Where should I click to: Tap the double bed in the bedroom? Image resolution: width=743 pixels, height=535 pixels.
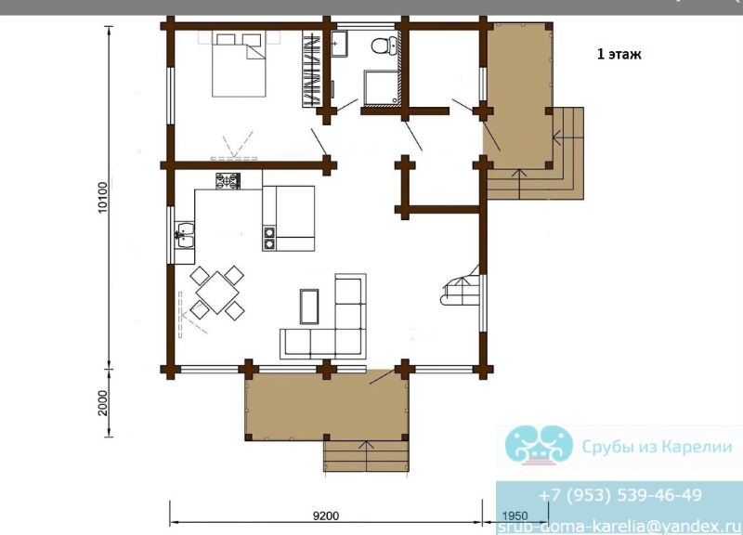239,64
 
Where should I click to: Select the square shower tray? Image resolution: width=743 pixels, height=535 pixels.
382,86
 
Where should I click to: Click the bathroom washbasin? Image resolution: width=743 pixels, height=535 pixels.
339,44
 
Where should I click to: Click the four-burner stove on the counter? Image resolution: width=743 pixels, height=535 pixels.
228,181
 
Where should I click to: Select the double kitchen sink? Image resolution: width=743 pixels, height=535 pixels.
184,235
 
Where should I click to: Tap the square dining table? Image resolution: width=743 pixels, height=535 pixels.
217,293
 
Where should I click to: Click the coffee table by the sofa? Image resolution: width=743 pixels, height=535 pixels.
309,307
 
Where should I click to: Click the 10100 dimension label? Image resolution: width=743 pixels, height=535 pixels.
103,198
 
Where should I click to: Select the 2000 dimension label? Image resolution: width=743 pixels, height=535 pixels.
103,403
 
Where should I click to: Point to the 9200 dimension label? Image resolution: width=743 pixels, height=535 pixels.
326,515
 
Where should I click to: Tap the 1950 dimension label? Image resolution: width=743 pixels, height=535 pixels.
515,515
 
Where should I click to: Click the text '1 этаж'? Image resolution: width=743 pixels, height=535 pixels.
619,54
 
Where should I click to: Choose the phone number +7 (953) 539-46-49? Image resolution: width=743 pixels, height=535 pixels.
619,495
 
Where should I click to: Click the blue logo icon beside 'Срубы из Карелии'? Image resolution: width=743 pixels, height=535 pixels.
539,444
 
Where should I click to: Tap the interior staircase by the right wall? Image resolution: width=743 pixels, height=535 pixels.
461,287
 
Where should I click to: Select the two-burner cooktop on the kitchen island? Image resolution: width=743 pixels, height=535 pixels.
269,238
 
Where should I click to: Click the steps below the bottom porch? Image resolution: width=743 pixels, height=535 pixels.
366,456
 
